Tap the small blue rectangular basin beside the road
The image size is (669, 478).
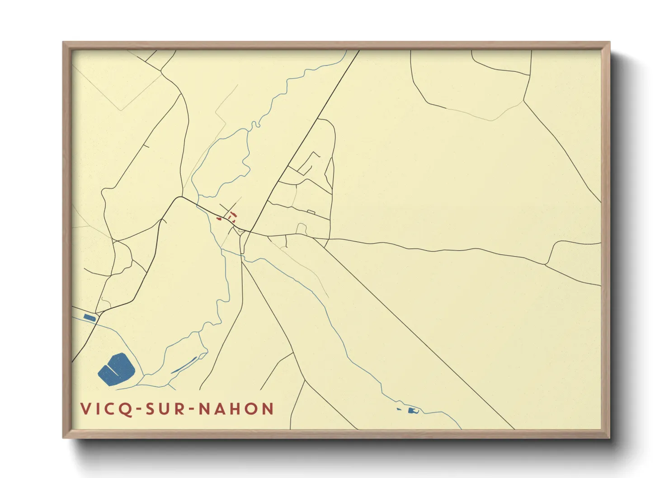[90, 318]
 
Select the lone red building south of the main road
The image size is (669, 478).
[219, 219]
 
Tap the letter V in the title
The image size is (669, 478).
[85, 409]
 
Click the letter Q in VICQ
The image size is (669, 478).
[128, 409]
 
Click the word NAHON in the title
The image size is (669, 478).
[236, 409]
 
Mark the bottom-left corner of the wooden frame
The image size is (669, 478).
[64, 437]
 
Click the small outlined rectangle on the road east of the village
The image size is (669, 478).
[311, 211]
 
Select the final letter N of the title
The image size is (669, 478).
[268, 409]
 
